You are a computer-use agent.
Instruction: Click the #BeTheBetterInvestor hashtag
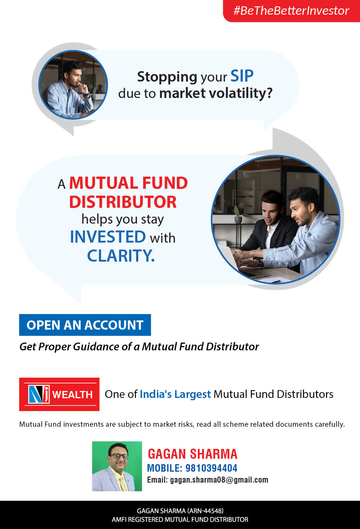[x=291, y=11]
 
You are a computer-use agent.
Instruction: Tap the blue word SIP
[x=242, y=76]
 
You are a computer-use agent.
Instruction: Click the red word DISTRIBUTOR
[x=123, y=202]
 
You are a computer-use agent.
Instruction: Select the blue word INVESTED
[x=108, y=237]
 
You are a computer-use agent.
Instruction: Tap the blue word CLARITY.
[x=121, y=256]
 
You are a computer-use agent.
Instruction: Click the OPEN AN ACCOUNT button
[x=85, y=325]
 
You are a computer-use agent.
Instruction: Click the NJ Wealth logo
[x=59, y=394]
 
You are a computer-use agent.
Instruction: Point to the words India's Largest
[x=175, y=394]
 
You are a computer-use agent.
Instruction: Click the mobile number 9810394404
[x=211, y=468]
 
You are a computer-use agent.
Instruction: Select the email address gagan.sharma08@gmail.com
[x=219, y=480]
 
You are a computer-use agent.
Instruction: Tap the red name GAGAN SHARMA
[x=193, y=454]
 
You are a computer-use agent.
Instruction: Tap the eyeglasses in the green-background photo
[x=119, y=456]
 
